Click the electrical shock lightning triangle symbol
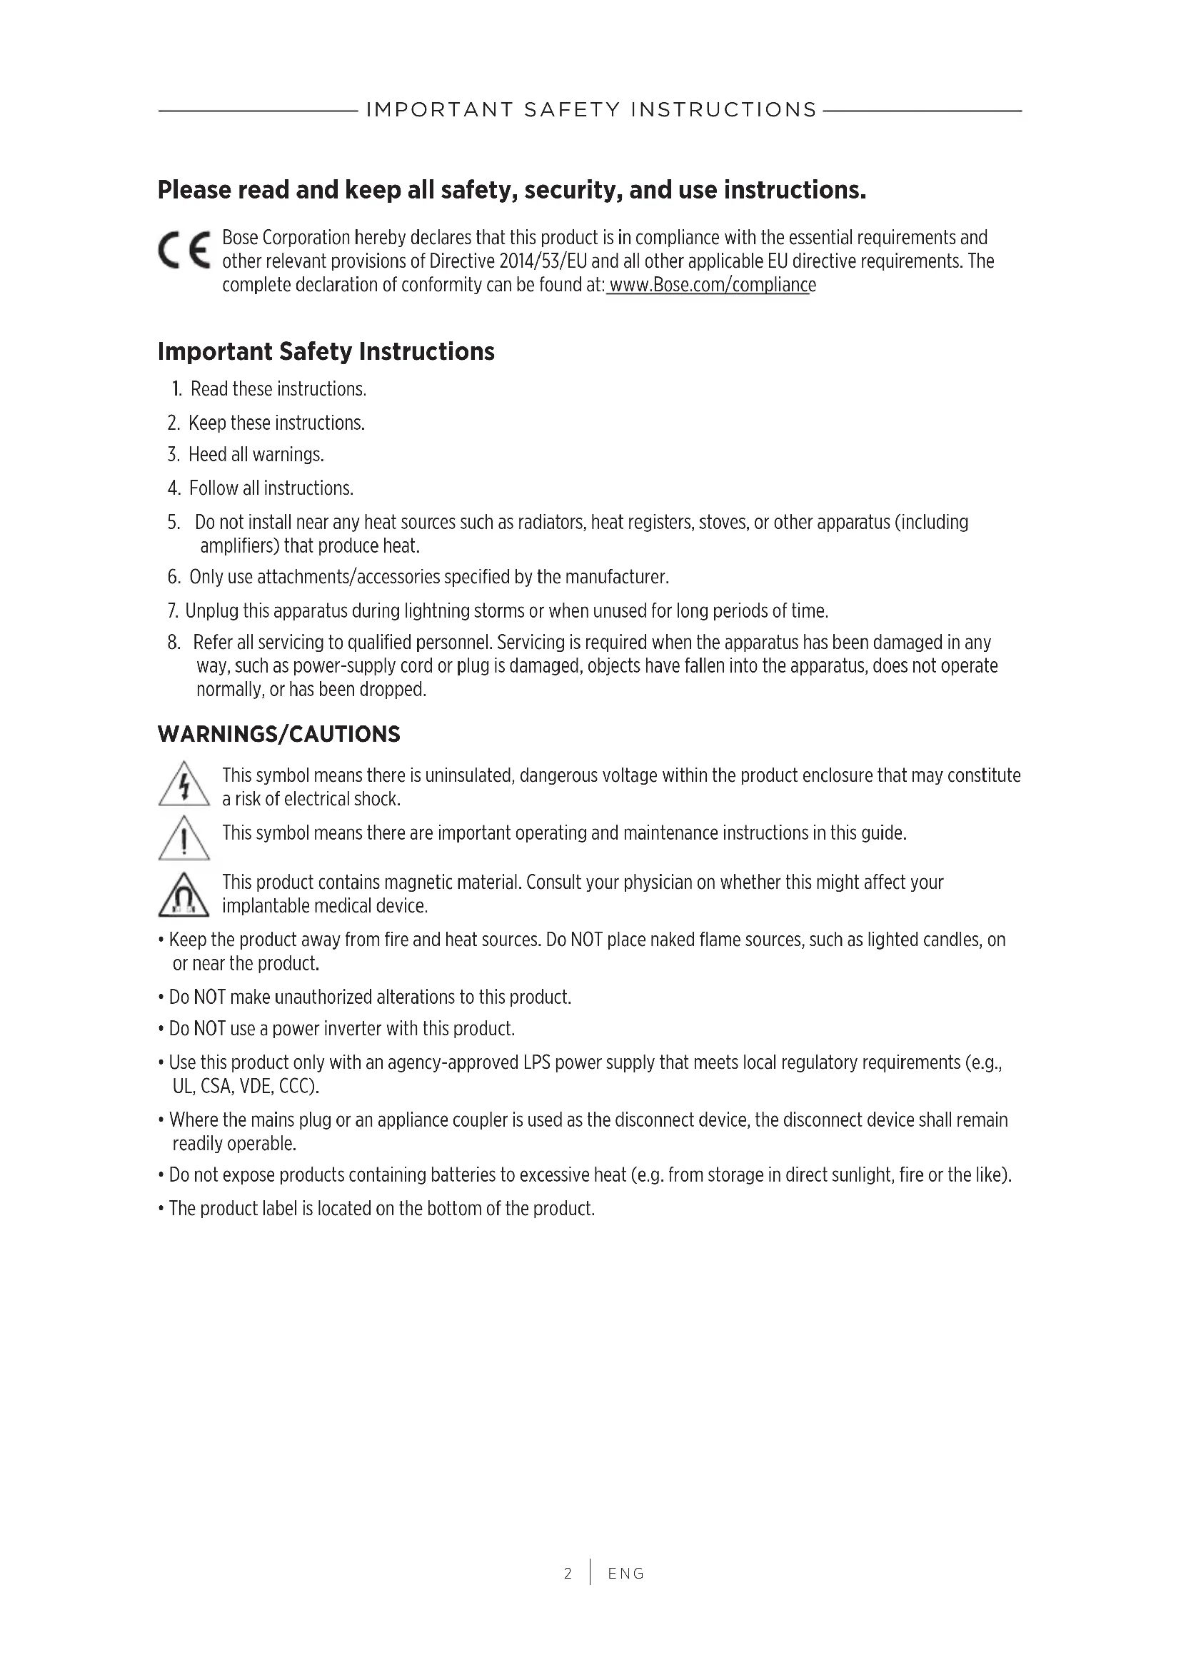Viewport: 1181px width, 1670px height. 184,784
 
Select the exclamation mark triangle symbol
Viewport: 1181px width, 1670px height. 184,839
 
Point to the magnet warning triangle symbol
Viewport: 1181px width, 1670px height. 184,895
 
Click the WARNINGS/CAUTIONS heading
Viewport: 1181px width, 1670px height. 278,734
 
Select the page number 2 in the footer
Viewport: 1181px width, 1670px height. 568,1574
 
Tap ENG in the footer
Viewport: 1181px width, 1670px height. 626,1574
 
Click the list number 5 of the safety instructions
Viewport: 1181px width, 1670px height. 173,522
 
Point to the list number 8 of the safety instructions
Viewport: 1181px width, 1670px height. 173,643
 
